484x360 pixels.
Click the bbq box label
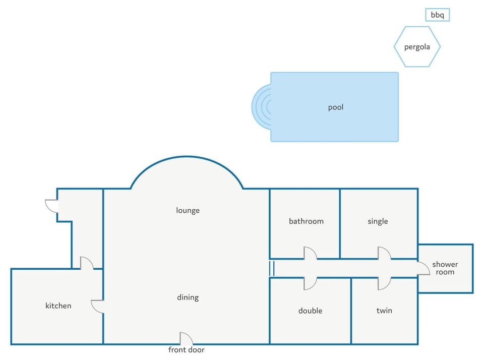coord(437,15)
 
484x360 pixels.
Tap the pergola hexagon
coord(417,27)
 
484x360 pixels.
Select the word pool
coord(336,107)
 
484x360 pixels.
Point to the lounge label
coord(188,210)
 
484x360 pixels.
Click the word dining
coord(188,297)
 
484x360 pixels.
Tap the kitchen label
coord(58,306)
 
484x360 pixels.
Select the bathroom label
coord(306,221)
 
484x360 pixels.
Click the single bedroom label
coord(378,221)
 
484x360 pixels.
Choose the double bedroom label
coord(310,311)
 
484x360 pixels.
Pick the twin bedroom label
coord(384,311)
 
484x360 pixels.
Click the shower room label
coord(445,268)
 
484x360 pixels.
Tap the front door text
coord(186,350)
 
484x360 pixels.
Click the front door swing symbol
coord(187,338)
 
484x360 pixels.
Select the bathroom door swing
coord(310,253)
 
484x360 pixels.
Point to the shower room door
coord(423,268)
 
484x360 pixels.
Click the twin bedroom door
coord(384,284)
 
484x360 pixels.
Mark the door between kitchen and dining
coord(97,306)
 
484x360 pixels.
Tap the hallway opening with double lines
coord(272,268)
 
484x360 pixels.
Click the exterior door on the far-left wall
coord(51,206)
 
